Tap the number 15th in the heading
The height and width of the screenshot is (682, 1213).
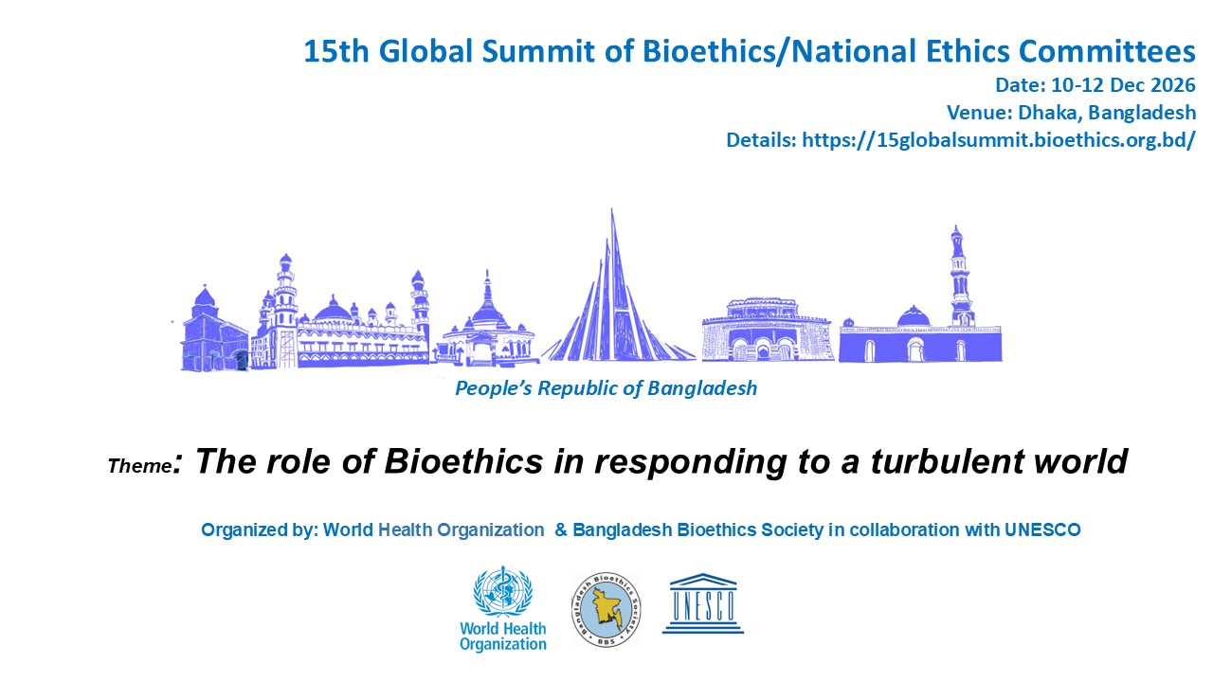(x=336, y=51)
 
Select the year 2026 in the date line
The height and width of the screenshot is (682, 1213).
(x=1173, y=85)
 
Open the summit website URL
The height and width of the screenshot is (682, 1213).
(x=999, y=140)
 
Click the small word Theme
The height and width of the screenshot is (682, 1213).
(x=139, y=466)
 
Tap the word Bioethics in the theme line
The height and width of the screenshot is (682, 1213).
(x=463, y=461)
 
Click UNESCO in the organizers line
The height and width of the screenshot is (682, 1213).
(x=1042, y=529)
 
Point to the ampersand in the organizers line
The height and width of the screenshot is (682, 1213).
(x=561, y=529)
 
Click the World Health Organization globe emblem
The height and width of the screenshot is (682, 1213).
(x=503, y=592)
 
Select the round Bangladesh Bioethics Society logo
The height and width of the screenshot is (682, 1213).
(x=606, y=610)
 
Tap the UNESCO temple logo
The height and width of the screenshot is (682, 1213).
(x=703, y=603)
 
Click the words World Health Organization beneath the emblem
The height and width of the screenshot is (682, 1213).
(x=503, y=637)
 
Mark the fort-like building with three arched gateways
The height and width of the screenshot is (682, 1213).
(x=768, y=330)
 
